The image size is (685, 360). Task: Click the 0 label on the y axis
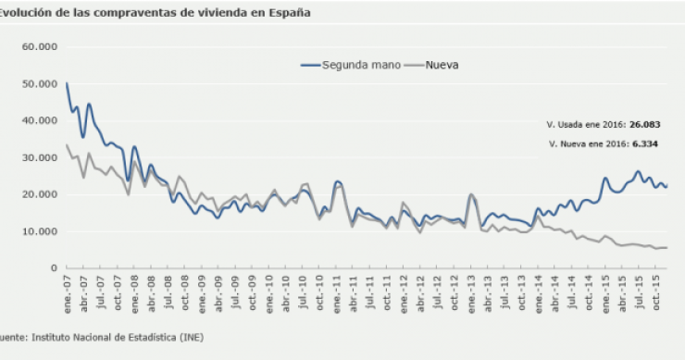[x=54, y=268]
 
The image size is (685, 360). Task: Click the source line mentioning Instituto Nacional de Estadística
[x=102, y=338]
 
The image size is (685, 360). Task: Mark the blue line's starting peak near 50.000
[x=67, y=84]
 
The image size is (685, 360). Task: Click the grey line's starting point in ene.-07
[x=67, y=144]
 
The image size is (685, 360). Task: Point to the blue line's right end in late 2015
[x=666, y=187]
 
